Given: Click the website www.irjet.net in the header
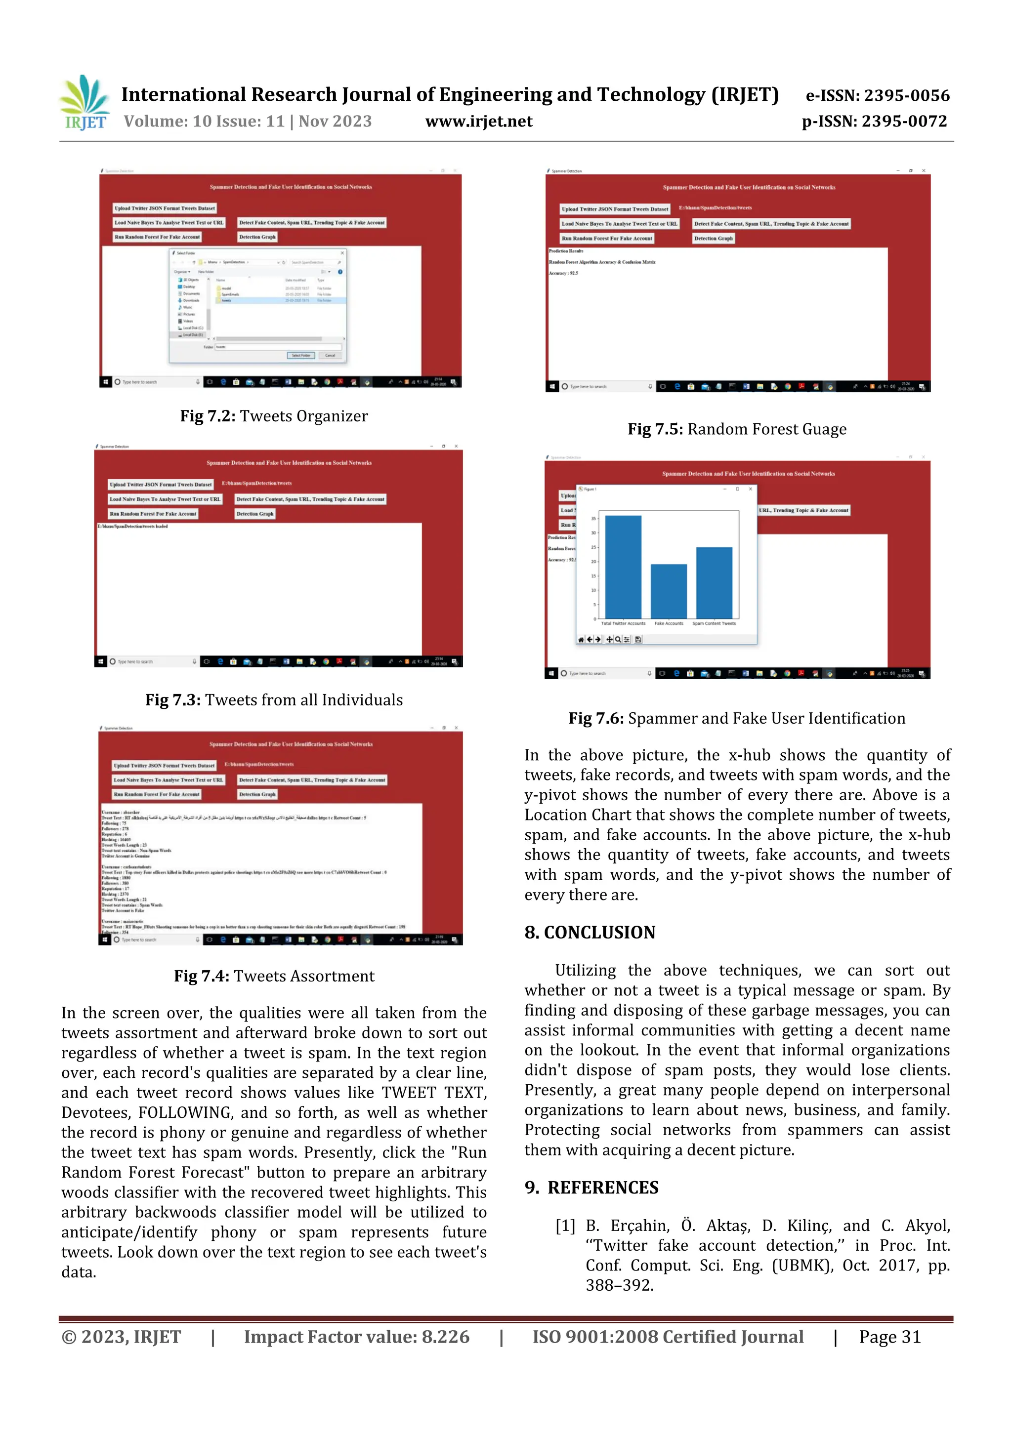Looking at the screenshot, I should pos(478,122).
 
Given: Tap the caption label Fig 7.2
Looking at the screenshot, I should pos(207,416).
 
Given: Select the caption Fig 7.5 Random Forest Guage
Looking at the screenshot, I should pos(736,429).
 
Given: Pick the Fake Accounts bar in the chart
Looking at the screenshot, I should pos(669,590).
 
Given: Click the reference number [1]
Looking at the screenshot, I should pos(565,1226).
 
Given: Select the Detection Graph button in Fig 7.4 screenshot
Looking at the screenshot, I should pos(257,795).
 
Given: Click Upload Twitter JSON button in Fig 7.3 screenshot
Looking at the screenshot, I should pos(161,484).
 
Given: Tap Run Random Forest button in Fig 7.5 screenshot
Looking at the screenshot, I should pos(606,238).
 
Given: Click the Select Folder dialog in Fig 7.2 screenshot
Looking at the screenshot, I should pos(257,305).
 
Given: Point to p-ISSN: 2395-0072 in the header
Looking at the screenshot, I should pos(874,122).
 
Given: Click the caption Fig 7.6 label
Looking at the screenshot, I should pos(595,719).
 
